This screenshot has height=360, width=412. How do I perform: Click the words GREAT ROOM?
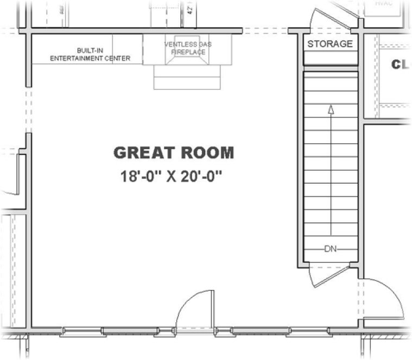174,153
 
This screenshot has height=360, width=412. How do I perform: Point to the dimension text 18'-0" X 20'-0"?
173,177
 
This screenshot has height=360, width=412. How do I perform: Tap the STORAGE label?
329,44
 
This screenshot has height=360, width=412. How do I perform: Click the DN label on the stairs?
331,249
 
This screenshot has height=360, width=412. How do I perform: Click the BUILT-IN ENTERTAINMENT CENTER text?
90,54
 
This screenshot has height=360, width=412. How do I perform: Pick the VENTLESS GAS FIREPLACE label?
188,48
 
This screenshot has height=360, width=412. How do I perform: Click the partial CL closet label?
400,65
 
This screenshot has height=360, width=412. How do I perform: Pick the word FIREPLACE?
188,52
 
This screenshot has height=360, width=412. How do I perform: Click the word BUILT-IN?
90,50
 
